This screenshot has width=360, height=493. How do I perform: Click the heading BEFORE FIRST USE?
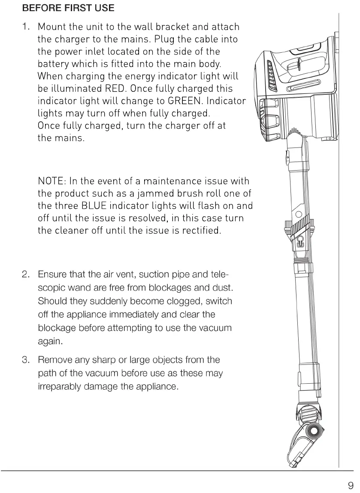pyautogui.click(x=68, y=8)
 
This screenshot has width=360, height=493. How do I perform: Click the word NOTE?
pyautogui.click(x=51, y=181)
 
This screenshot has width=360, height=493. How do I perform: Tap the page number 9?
pyautogui.click(x=351, y=485)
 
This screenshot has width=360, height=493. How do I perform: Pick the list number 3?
pyautogui.click(x=25, y=360)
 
